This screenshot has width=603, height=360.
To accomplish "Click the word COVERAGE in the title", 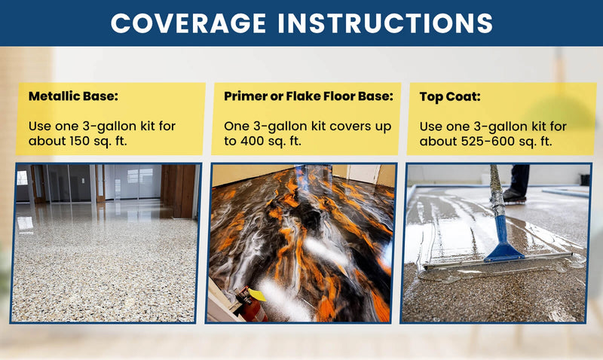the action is point(188,23).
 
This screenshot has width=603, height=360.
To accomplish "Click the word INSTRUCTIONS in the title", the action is point(385,23).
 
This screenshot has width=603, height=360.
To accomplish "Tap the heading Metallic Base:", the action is point(73,96).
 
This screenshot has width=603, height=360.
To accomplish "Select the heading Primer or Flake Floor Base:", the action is point(308,96).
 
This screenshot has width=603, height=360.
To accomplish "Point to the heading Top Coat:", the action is point(450,96).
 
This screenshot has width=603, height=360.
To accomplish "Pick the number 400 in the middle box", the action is point(253,141).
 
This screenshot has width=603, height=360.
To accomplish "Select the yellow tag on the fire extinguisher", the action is point(257,294).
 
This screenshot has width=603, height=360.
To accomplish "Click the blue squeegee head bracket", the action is point(503,238).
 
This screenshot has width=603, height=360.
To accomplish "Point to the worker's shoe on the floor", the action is point(514,195).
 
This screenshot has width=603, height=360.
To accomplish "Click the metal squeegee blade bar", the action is point(498,261).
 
